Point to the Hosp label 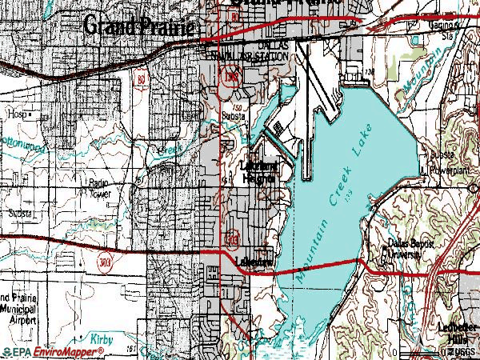click(x=17, y=115)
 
